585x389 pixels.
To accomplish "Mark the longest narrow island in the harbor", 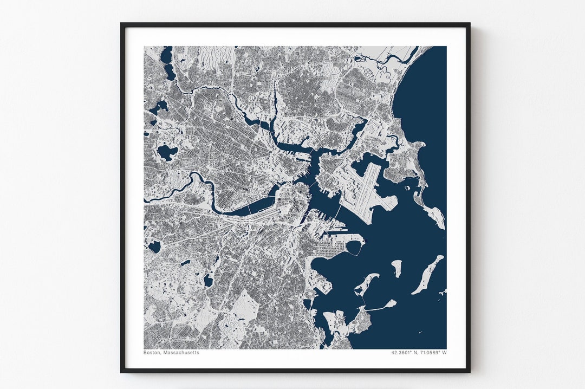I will [427, 275].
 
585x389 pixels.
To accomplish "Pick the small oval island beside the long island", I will [396, 268].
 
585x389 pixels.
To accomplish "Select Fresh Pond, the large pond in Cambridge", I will [167, 152].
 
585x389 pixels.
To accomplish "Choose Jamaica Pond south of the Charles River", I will [208, 281].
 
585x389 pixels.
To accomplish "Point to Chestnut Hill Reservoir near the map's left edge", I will [155, 247].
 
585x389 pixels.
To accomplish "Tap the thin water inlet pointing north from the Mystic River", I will [275, 100].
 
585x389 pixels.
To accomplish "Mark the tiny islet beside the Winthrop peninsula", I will [407, 189].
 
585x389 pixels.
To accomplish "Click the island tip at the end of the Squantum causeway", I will [390, 303].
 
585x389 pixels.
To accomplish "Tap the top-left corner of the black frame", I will [122, 24].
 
